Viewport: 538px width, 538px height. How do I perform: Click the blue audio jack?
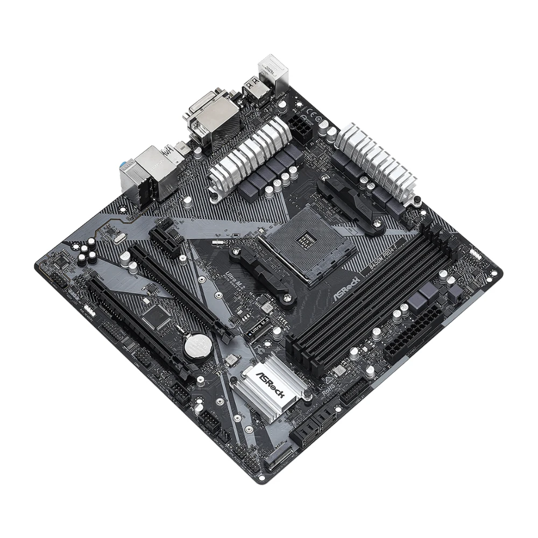123,163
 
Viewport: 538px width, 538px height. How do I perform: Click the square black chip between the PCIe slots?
155,316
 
